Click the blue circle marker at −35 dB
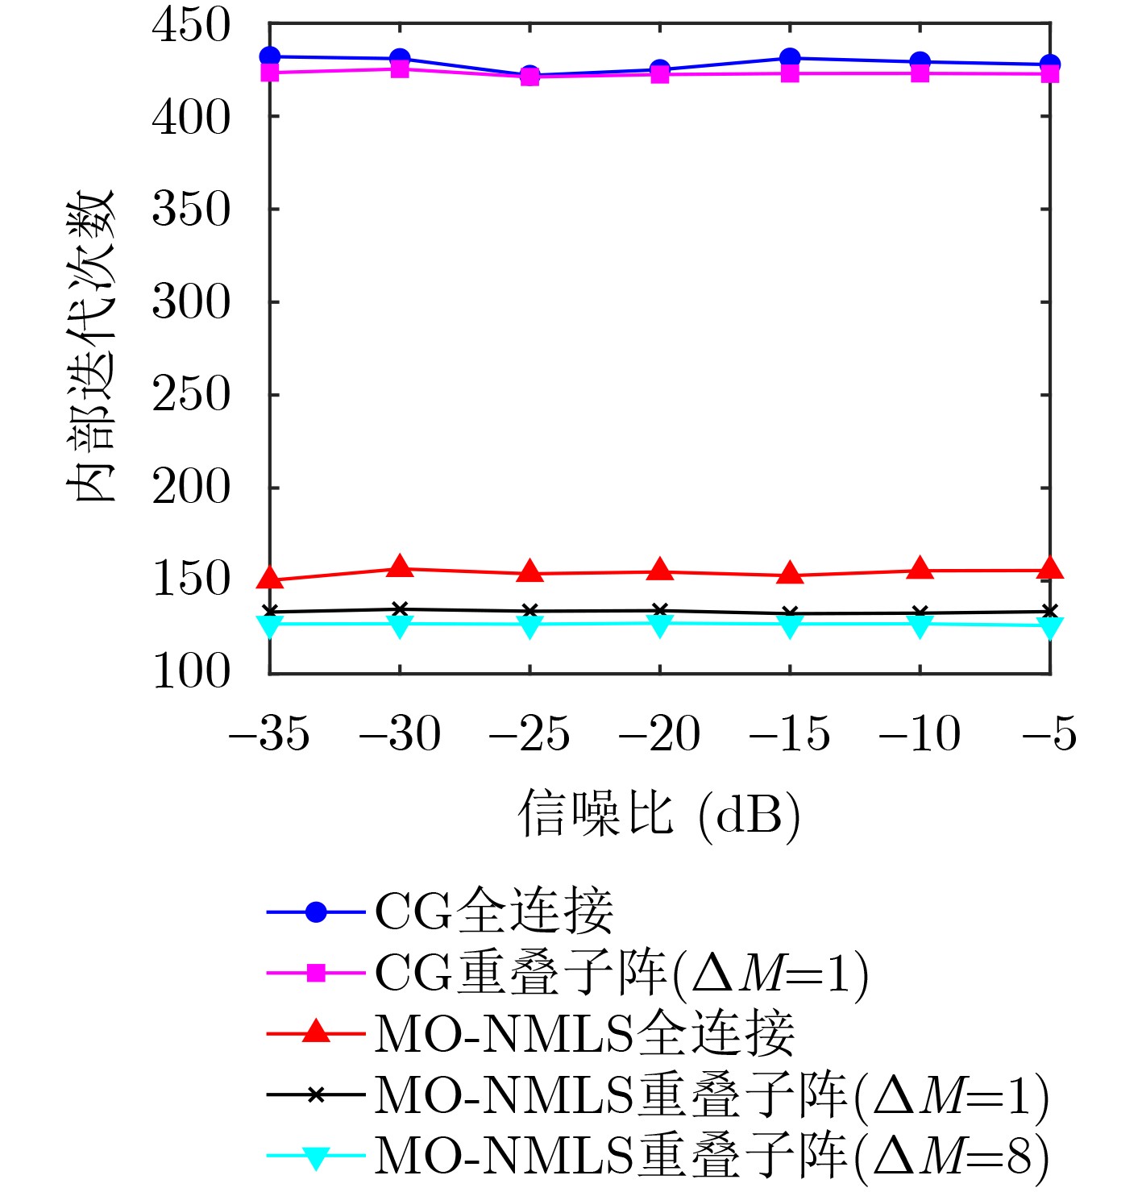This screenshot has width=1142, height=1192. point(270,56)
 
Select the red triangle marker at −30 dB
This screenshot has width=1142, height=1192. point(400,567)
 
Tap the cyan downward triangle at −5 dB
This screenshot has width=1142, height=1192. point(1049,626)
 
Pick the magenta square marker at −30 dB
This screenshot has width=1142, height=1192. point(400,69)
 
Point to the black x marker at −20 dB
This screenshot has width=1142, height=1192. point(660,610)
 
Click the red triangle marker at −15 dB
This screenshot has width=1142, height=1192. point(790,575)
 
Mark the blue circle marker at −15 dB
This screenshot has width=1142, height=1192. point(790,58)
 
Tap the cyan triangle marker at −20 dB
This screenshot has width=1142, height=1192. point(660,625)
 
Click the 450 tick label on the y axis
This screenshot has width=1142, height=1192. point(191,26)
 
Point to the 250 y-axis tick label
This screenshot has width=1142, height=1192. point(191,395)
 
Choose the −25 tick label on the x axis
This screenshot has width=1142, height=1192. point(529,734)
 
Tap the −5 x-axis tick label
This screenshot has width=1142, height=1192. point(1049,734)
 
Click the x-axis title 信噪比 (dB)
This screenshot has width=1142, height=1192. point(658,814)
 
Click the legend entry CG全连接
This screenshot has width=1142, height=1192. point(494,912)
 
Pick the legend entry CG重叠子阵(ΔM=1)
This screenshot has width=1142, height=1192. point(621,973)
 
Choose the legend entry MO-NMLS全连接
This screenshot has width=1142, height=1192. point(584,1034)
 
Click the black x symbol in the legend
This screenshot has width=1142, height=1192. point(316,1094)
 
